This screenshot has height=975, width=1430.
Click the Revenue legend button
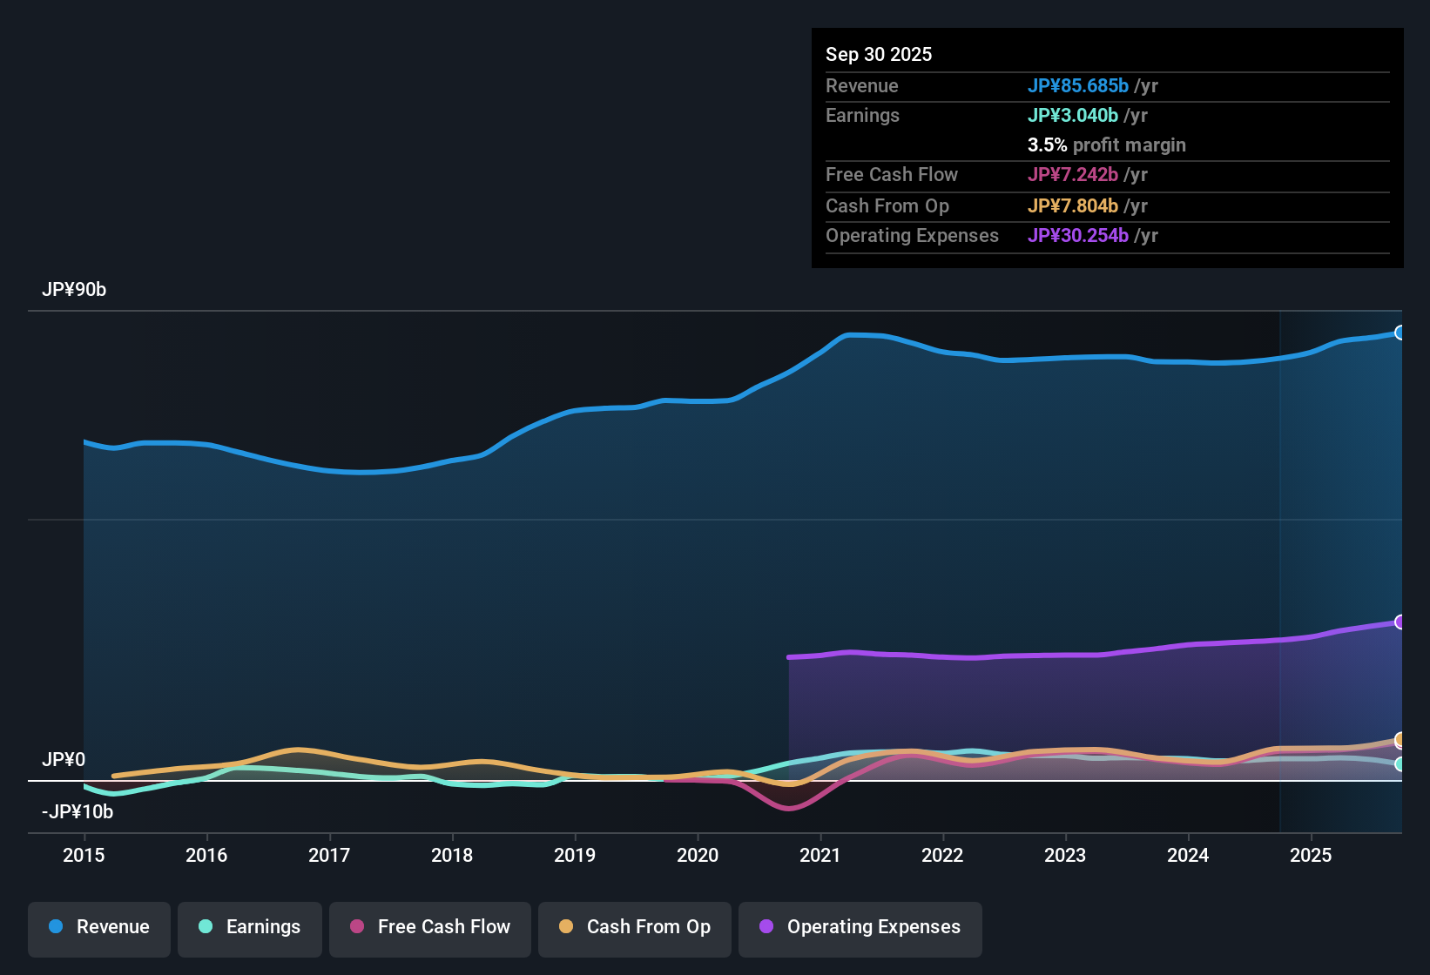pyautogui.click(x=99, y=927)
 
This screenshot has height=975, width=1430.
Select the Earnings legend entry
pyautogui.click(x=250, y=927)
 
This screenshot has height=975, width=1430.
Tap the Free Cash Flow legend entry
pyautogui.click(x=430, y=927)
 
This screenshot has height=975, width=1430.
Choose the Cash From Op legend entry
pyautogui.click(x=635, y=927)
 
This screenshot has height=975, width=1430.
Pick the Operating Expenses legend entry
pyautogui.click(x=860, y=927)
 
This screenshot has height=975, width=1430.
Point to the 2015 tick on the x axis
pyautogui.click(x=84, y=855)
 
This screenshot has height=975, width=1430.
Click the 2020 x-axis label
pyautogui.click(x=698, y=855)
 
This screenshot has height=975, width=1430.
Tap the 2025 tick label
pyautogui.click(x=1311, y=855)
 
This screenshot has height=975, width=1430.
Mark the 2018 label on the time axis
pyautogui.click(x=452, y=855)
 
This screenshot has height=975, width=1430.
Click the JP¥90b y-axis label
pyautogui.click(x=74, y=290)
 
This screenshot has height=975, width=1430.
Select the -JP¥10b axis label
pyautogui.click(x=78, y=812)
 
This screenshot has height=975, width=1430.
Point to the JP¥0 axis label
pyautogui.click(x=64, y=760)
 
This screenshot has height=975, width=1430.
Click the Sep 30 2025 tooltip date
pyautogui.click(x=879, y=54)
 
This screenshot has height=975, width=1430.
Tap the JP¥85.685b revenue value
pyautogui.click(x=1078, y=85)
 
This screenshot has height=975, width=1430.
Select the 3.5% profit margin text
pyautogui.click(x=1106, y=145)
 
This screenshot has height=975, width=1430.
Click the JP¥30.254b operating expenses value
pyautogui.click(x=1078, y=235)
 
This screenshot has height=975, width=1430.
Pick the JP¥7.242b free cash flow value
pyautogui.click(x=1073, y=174)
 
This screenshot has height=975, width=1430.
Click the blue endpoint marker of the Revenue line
pyautogui.click(x=1400, y=333)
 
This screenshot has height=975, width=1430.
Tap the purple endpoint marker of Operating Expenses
pyautogui.click(x=1400, y=622)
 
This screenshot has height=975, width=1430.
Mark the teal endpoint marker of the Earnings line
pyautogui.click(x=1400, y=764)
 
